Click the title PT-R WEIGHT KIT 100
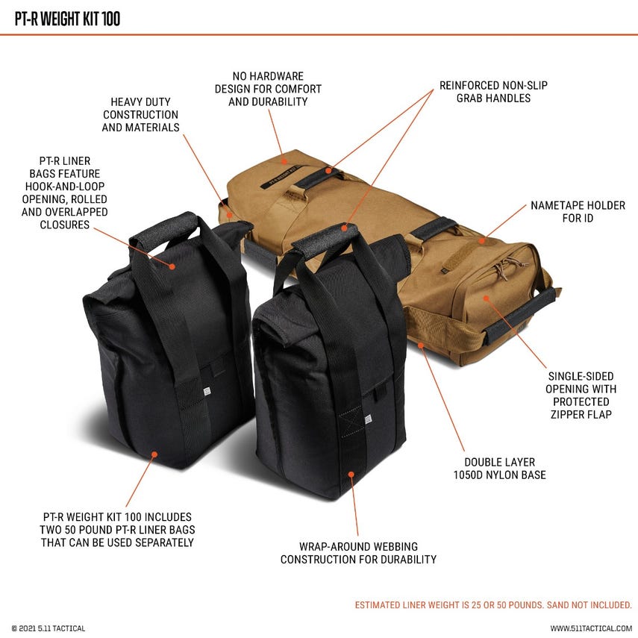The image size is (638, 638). point(68,19)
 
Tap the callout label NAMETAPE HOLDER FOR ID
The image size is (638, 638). point(578,212)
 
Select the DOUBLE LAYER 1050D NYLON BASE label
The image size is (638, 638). point(500,469)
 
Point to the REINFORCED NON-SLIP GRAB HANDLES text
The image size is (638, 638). point(493,92)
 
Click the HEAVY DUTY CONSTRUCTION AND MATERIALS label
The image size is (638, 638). point(140,115)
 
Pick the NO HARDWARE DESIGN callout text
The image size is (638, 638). point(268,89)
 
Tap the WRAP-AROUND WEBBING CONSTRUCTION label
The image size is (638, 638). point(358,553)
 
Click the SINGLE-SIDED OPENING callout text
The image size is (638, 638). point(581,395)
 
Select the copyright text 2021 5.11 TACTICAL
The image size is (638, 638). point(49,628)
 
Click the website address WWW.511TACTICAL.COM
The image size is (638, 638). point(591,628)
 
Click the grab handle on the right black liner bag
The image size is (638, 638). point(325,240)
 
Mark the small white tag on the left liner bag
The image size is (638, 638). point(207,392)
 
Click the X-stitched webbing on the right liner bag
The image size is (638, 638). point(351,421)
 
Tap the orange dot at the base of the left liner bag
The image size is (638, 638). point(154,454)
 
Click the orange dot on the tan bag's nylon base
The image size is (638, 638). point(421,345)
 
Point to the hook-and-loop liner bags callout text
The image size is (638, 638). point(65,193)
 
